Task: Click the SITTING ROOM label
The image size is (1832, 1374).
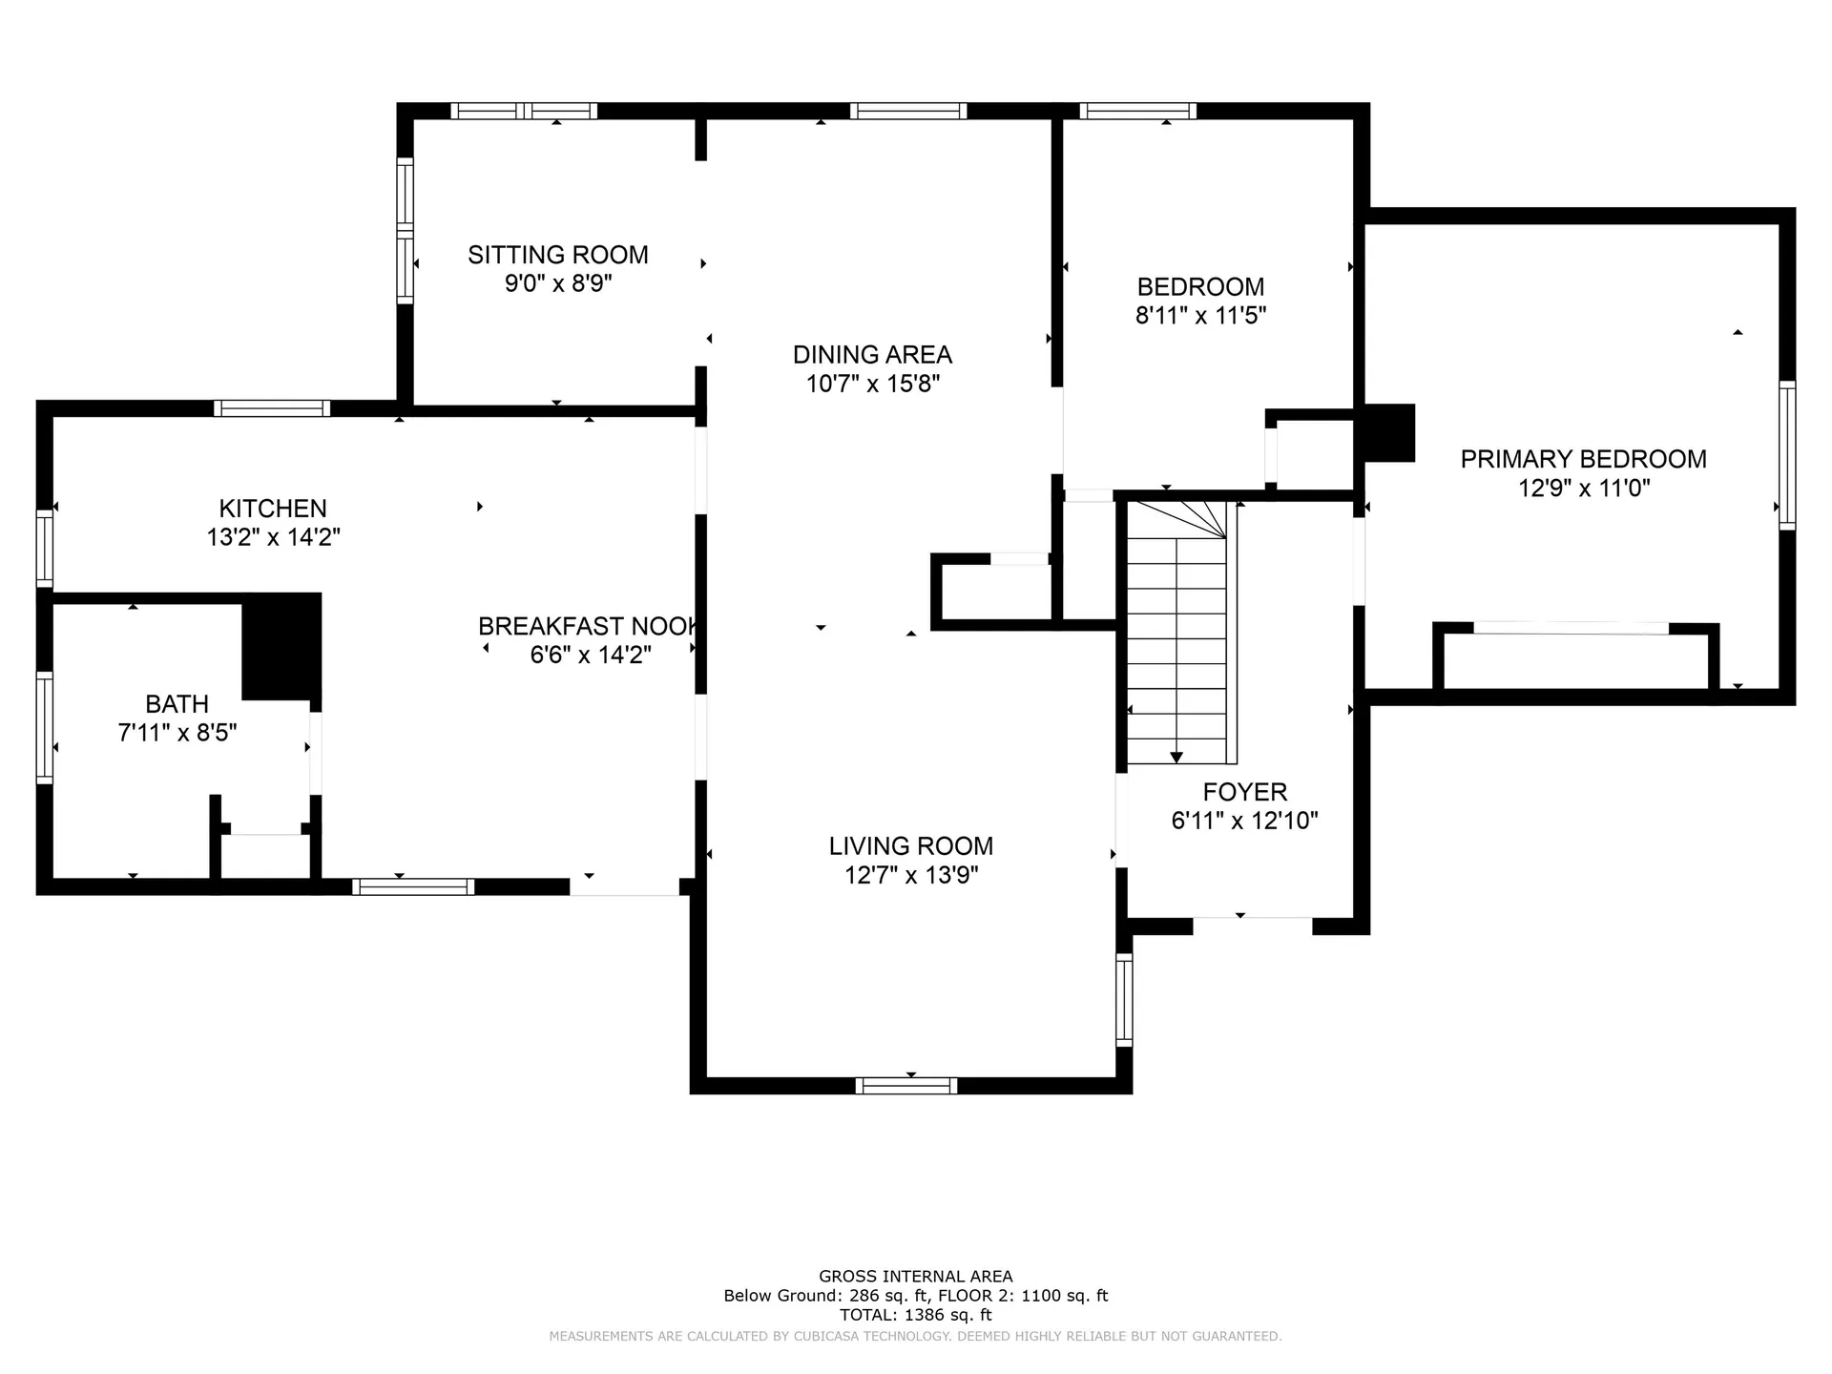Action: (x=558, y=255)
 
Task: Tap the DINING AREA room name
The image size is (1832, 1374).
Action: (x=872, y=355)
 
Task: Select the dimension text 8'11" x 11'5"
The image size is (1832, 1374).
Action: (x=1200, y=316)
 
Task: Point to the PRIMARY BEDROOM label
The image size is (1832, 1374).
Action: (x=1584, y=459)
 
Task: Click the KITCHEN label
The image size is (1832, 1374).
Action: (x=273, y=509)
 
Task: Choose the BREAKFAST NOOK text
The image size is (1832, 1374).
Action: (x=589, y=627)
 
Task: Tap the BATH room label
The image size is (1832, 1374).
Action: (x=177, y=704)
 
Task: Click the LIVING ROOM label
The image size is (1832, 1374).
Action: (x=911, y=846)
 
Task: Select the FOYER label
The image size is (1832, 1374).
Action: (x=1245, y=792)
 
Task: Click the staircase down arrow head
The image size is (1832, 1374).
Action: (x=1176, y=758)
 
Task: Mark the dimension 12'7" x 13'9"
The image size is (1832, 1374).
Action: (x=911, y=875)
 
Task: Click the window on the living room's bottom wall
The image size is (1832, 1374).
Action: (x=906, y=1085)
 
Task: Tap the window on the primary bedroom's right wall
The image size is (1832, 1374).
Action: (x=1787, y=455)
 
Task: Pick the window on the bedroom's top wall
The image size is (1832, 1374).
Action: (x=1137, y=111)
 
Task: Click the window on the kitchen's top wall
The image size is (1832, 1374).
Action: (x=272, y=408)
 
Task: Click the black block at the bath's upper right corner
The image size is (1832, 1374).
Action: (x=281, y=647)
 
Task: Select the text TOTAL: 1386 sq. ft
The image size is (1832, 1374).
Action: (x=916, y=1315)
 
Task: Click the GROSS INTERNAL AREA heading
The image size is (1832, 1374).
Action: (x=916, y=1277)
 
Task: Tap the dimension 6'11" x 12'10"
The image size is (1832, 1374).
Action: (x=1245, y=821)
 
